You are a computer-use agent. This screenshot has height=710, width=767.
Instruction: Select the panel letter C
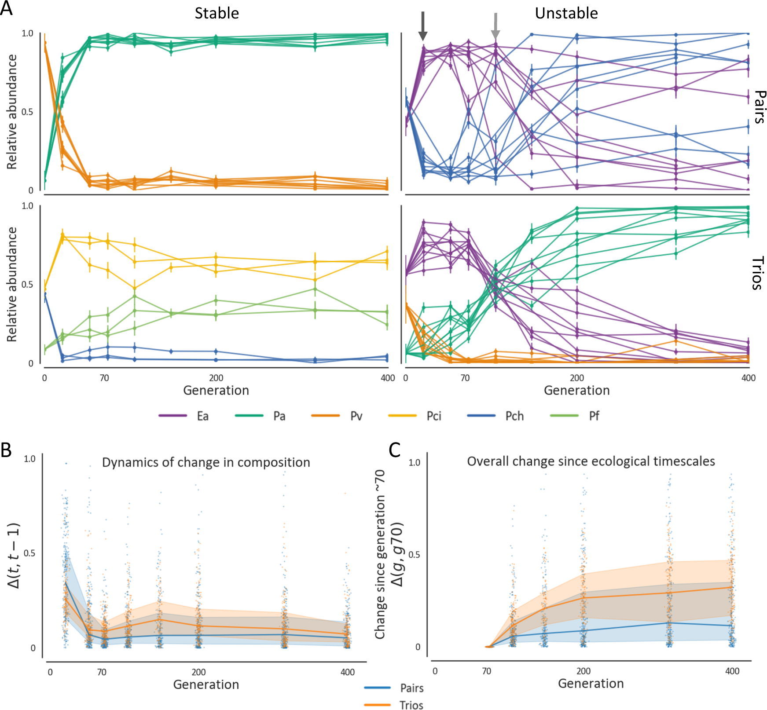[395, 450]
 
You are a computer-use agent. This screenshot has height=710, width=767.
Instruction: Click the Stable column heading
[217, 13]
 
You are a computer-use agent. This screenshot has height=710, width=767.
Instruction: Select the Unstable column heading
[566, 13]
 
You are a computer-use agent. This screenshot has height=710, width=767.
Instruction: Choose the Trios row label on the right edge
[757, 274]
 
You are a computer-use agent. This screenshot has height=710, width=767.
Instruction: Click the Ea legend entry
[202, 416]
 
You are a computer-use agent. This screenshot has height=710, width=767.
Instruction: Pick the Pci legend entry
[433, 416]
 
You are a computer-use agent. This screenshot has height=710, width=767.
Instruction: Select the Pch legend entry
[514, 416]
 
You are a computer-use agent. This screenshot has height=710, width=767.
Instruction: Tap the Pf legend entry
[594, 416]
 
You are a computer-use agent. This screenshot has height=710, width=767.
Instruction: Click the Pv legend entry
[356, 416]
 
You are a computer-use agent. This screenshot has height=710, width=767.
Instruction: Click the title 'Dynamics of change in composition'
[206, 462]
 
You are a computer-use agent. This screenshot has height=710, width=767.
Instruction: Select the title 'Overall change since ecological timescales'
[591, 461]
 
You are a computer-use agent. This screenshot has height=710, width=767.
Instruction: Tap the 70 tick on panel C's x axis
[486, 671]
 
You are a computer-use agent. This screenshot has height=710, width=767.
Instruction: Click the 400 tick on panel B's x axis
[348, 672]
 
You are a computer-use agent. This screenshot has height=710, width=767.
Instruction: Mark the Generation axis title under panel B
[206, 684]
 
